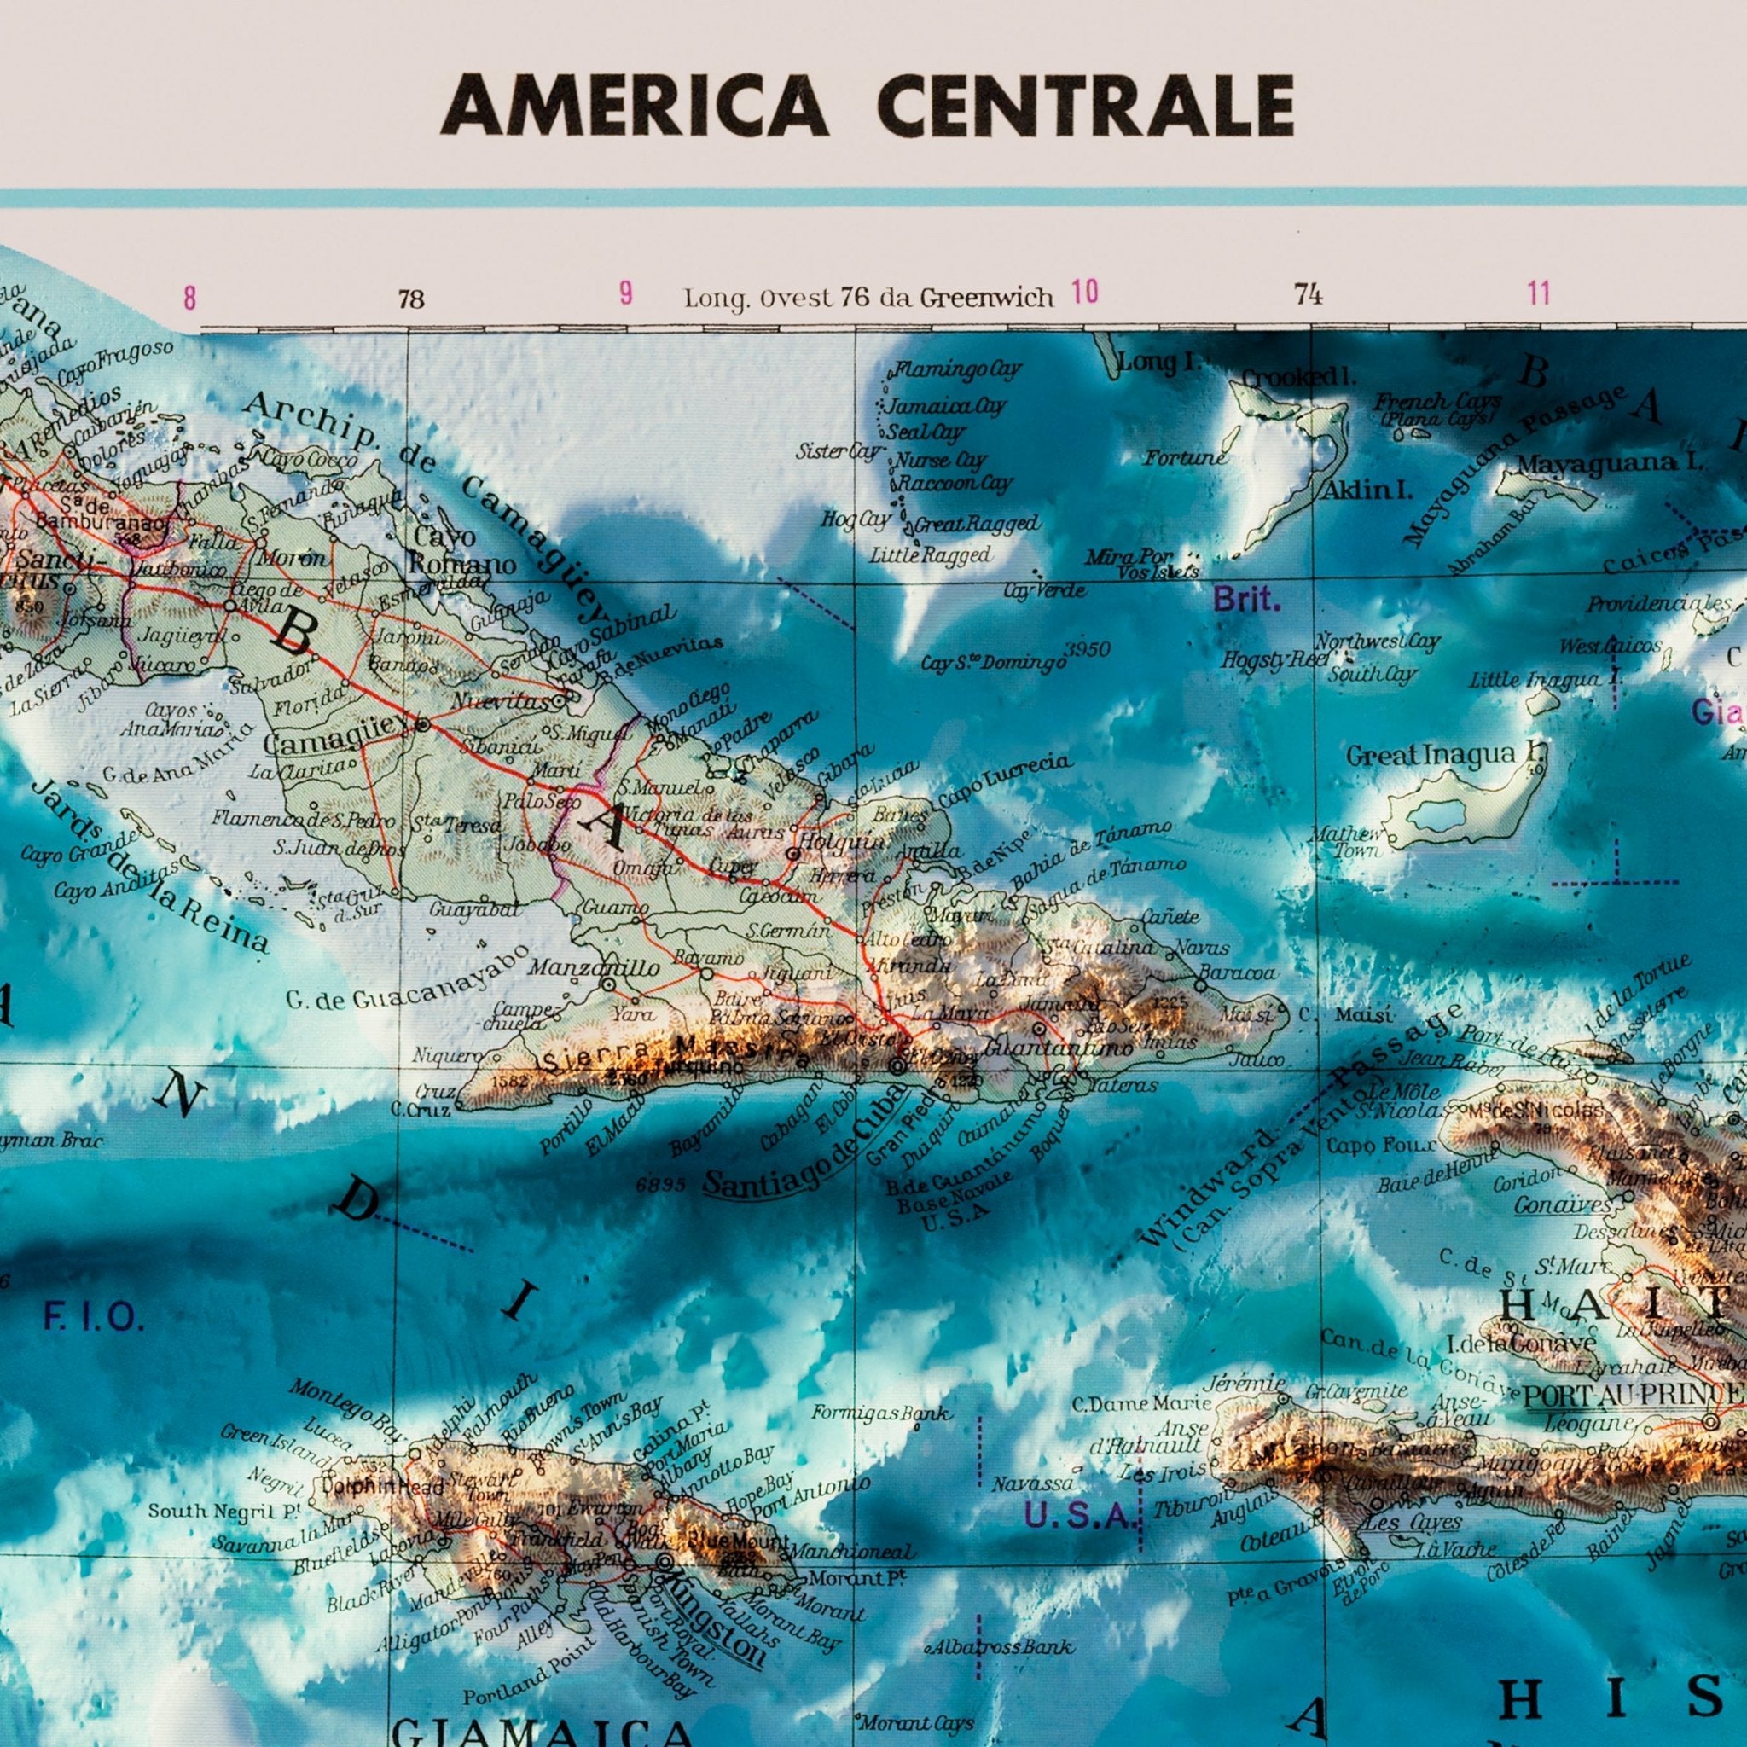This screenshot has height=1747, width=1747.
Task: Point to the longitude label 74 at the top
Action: tap(1309, 294)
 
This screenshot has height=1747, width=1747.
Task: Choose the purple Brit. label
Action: tap(1247, 601)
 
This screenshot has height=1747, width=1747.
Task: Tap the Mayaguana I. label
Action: tap(1610, 464)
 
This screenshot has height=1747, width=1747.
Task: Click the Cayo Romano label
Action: tap(461, 552)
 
